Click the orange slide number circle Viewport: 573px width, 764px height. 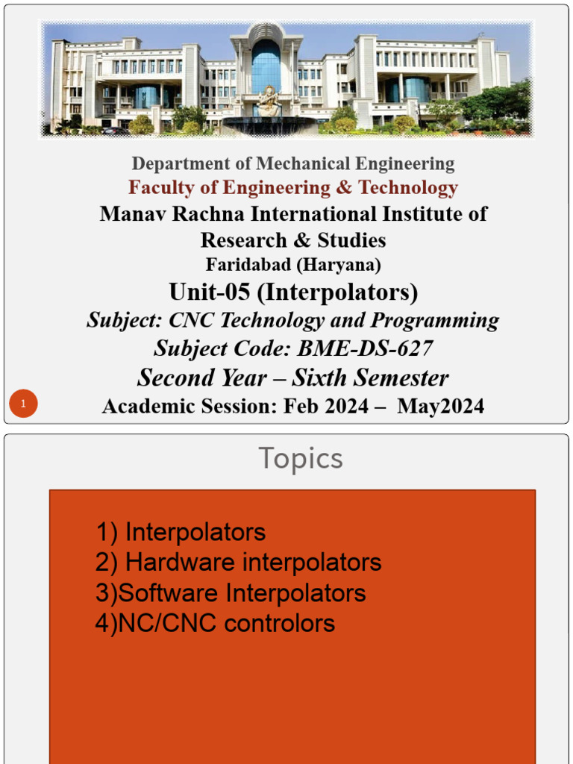pyautogui.click(x=23, y=404)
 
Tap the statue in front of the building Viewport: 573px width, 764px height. pyautogui.click(x=267, y=101)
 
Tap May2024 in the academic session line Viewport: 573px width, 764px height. pyautogui.click(x=441, y=406)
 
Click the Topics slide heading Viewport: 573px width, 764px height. pyautogui.click(x=301, y=458)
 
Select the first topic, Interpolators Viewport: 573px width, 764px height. pyautogui.click(x=195, y=532)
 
